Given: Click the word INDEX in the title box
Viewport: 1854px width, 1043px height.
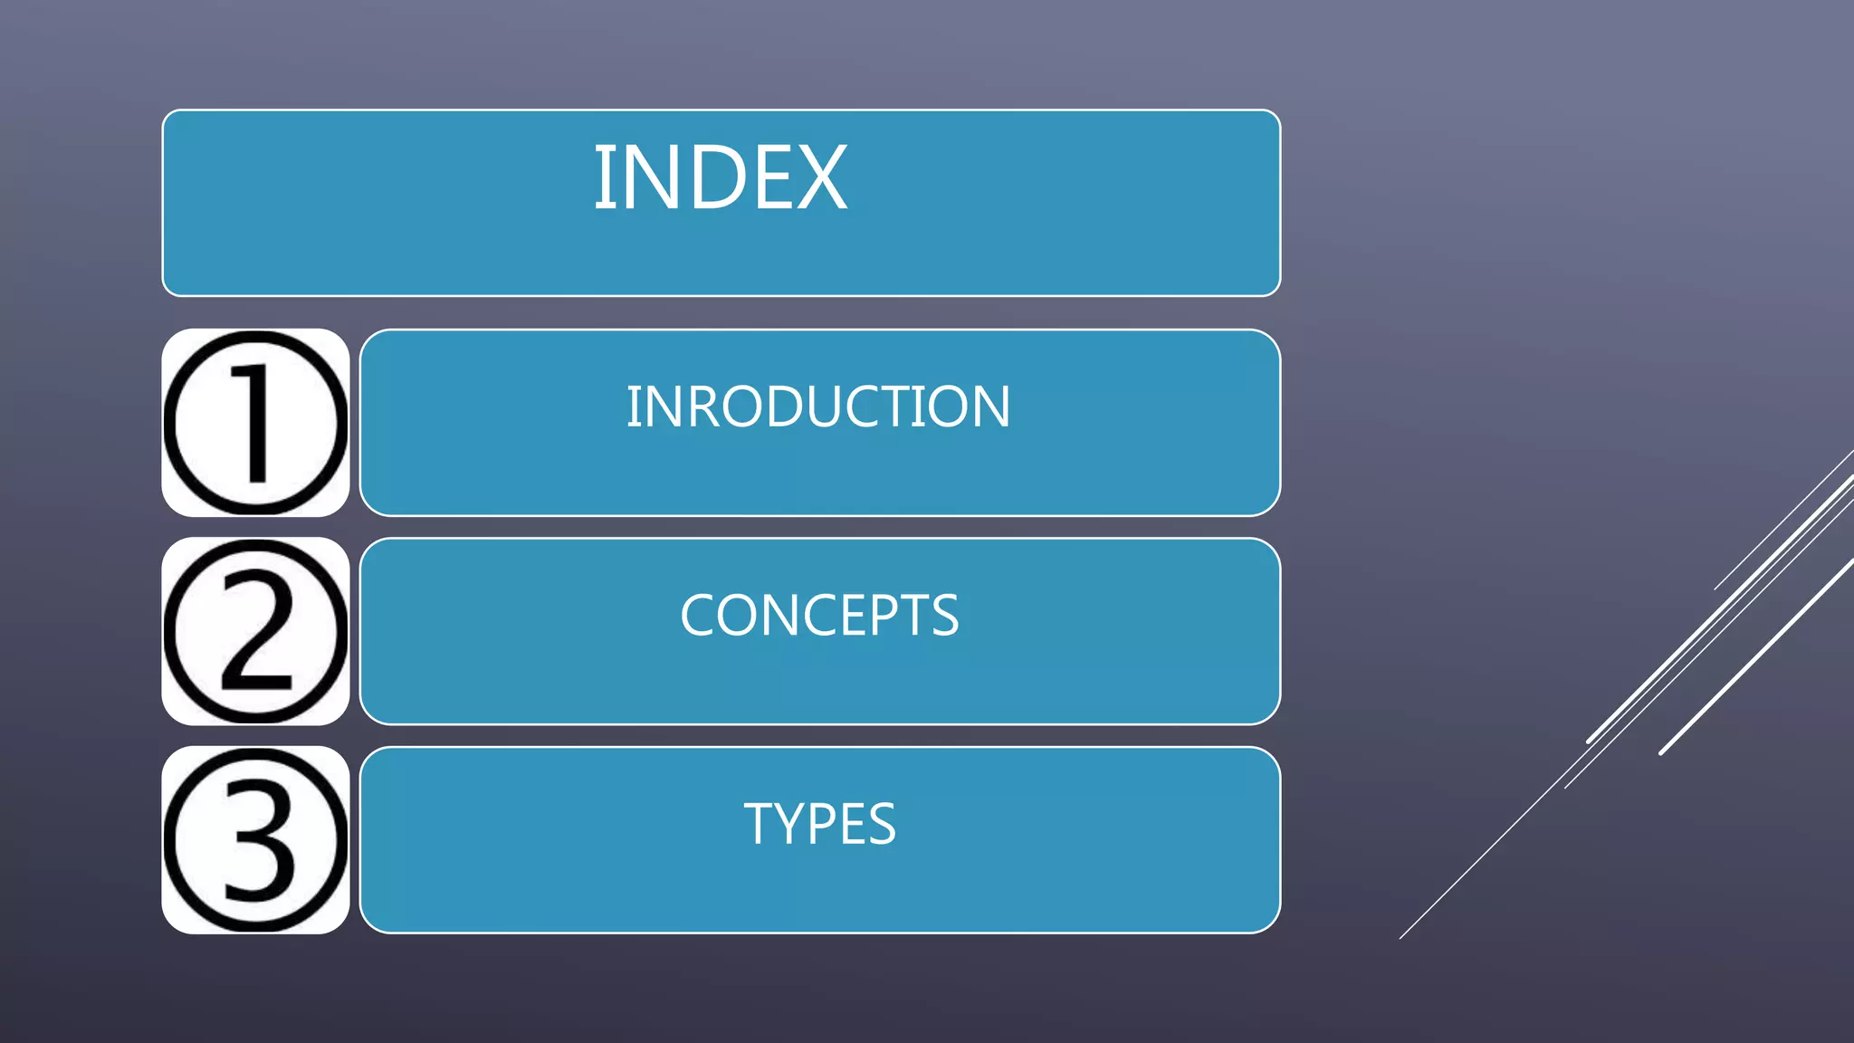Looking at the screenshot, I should point(721,178).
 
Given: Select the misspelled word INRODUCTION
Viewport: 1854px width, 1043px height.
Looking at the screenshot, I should point(818,407).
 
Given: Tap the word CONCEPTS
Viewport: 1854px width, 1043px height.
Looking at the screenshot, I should point(819,616).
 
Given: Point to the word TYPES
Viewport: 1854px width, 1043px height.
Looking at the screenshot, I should point(819,824).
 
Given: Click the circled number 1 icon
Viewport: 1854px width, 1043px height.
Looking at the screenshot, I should point(255,423).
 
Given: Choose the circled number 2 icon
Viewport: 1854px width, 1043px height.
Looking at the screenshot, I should point(255,631).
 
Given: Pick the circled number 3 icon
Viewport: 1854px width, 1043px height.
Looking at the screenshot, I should point(255,840).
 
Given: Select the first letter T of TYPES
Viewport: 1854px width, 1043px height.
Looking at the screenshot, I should point(759,824).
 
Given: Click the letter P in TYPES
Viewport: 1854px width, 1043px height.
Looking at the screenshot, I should point(822,824).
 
